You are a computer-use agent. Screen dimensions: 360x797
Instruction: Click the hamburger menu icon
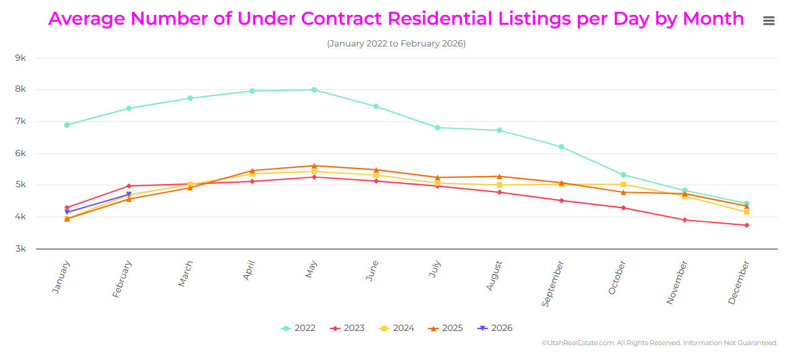click(769, 20)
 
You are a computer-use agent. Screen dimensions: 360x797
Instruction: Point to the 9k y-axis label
click(20, 58)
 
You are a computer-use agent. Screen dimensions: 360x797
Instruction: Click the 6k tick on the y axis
click(20, 153)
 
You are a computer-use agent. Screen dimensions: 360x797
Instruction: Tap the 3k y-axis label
click(20, 248)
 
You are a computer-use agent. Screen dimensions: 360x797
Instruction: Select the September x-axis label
click(553, 284)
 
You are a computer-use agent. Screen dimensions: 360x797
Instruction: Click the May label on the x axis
click(311, 269)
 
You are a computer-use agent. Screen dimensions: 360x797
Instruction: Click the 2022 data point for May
click(314, 90)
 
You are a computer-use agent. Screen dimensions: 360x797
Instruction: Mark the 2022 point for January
click(67, 125)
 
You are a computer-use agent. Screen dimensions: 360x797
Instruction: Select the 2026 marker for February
click(129, 195)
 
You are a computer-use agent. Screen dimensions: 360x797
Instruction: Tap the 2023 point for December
click(746, 226)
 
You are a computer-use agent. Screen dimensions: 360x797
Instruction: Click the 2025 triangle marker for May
click(314, 165)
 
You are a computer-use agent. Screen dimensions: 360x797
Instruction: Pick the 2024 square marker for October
click(623, 185)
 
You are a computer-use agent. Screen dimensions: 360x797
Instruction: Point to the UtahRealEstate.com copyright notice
click(660, 343)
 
